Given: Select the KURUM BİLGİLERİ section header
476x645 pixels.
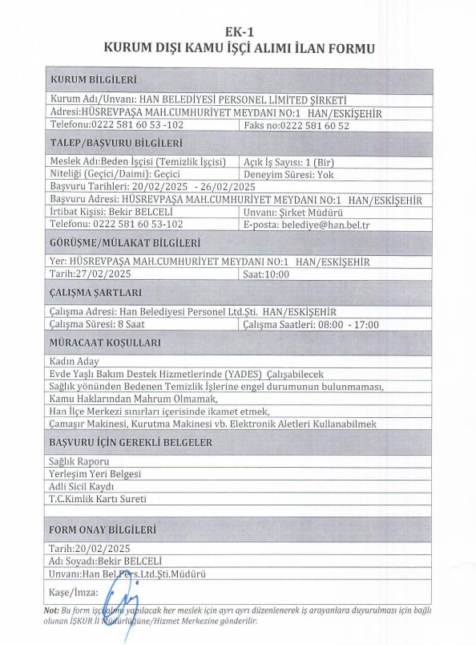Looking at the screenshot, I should pos(93,80).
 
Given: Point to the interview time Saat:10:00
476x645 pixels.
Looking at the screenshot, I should pos(265,274).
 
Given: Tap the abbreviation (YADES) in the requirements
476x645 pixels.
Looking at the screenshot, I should pos(247,374).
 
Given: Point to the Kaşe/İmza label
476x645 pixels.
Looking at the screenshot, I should pos(73,593).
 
